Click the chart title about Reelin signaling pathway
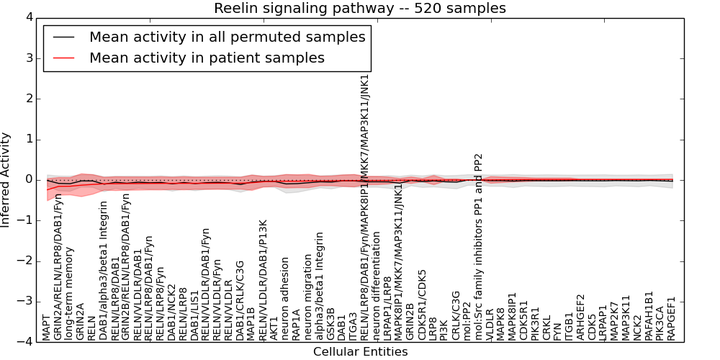tap(359, 9)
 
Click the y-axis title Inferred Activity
tap(6, 179)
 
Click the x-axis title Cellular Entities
tap(360, 352)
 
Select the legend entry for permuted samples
tap(227, 37)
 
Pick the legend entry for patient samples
tap(207, 58)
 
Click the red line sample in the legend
tap(64, 58)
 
